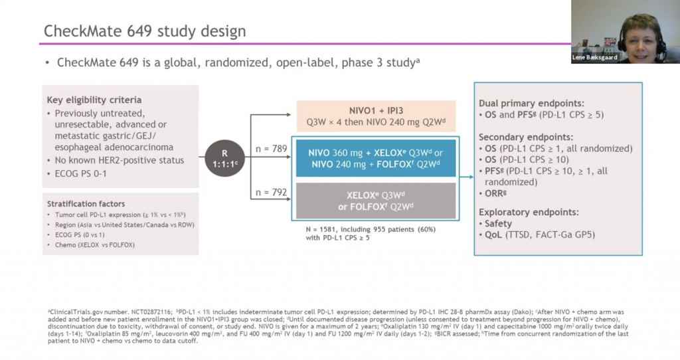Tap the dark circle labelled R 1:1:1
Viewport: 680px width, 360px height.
click(224, 158)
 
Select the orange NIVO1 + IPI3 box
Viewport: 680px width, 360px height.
click(376, 115)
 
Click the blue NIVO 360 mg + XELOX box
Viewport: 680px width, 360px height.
click(376, 158)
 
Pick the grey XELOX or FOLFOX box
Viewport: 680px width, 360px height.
click(376, 201)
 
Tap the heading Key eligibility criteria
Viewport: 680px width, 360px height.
click(94, 100)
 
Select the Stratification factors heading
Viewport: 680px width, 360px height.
click(86, 203)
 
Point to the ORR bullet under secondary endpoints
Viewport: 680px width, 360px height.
click(497, 194)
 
